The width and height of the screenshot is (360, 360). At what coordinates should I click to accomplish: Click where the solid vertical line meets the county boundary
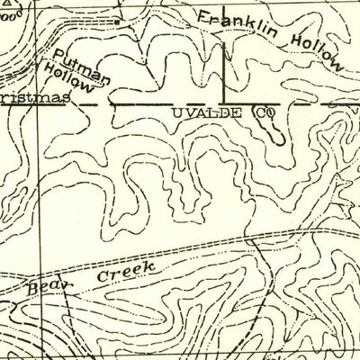[x=224, y=103]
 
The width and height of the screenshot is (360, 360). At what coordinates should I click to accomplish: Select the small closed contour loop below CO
[x=273, y=135]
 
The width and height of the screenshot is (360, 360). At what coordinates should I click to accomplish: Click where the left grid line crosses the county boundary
[x=37, y=103]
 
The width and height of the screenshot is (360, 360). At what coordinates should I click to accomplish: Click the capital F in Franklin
[x=203, y=16]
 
